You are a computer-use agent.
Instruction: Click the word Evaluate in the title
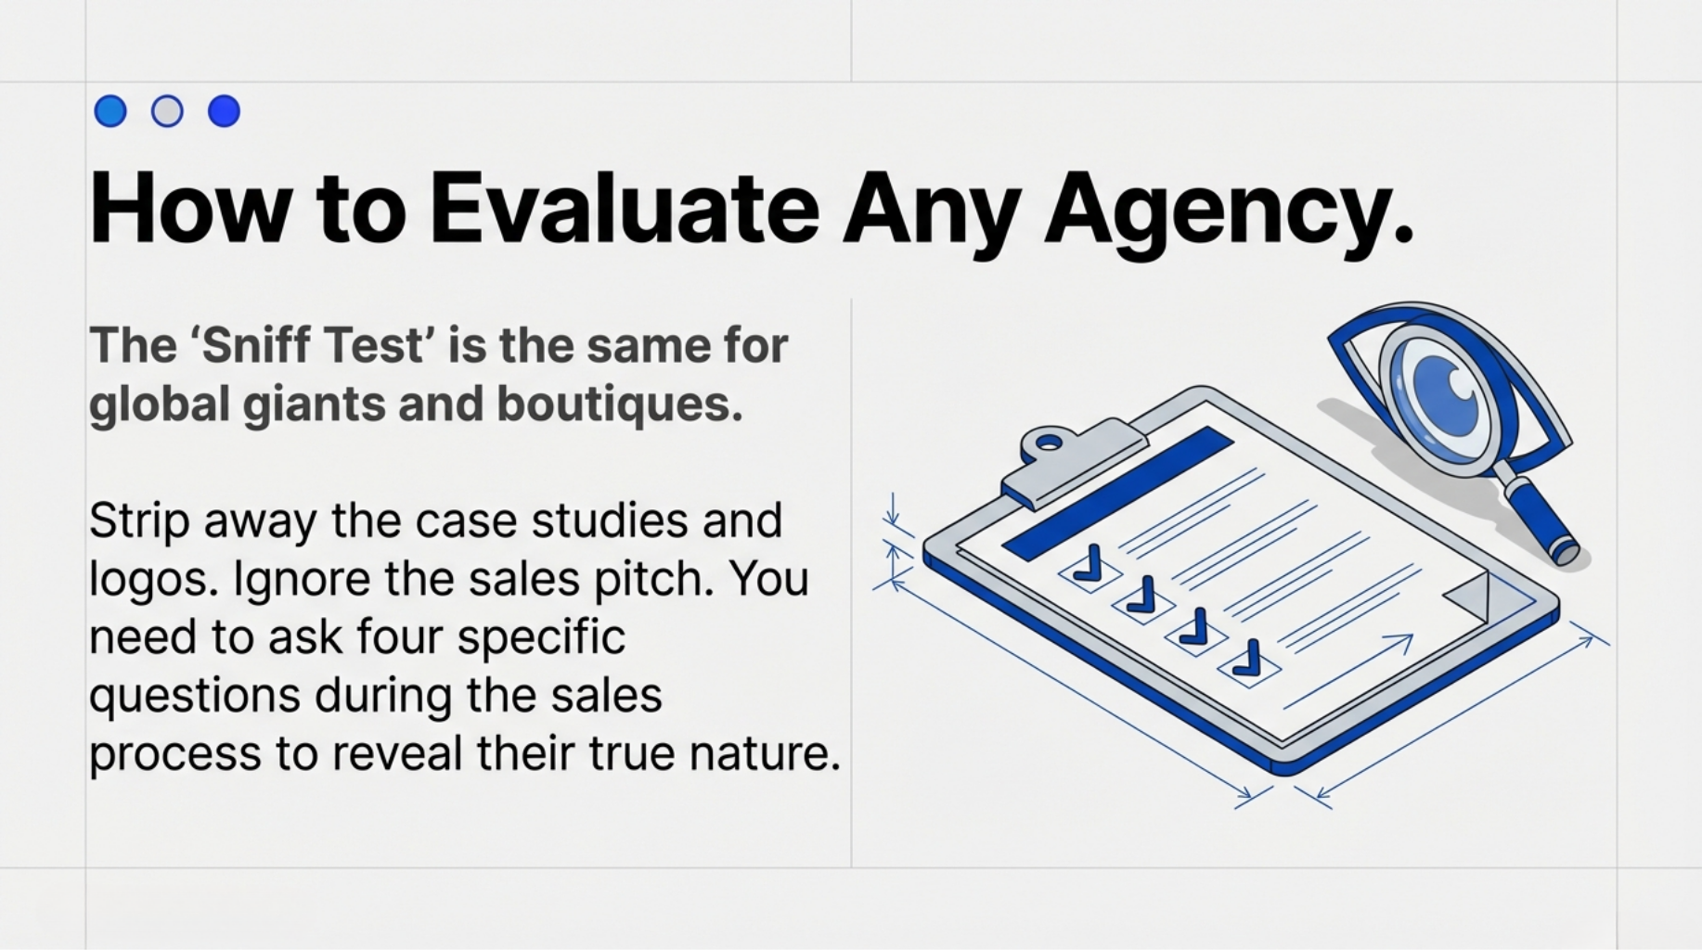[624, 209]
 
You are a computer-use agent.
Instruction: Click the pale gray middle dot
[167, 111]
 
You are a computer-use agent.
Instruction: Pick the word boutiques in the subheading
[619, 405]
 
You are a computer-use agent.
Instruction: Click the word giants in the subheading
[314, 405]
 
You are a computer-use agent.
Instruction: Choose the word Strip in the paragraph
[139, 521]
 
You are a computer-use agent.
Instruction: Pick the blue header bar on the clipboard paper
[1118, 492]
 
